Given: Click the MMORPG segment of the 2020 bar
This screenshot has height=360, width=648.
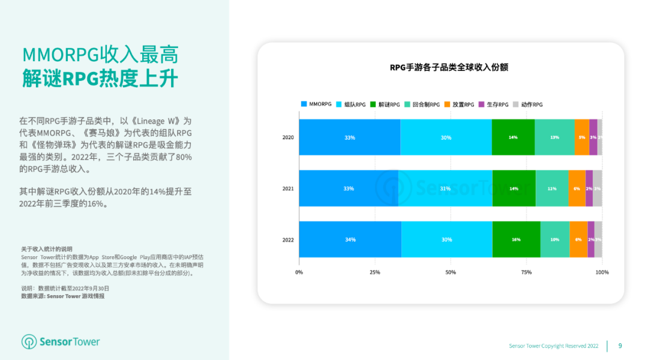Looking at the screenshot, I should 350,137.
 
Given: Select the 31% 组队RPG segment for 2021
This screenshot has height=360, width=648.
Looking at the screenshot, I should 445,188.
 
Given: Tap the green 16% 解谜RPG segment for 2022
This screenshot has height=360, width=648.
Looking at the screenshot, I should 516,239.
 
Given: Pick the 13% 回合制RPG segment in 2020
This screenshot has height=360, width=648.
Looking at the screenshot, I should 554,137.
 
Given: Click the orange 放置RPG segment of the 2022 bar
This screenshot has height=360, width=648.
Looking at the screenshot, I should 578,239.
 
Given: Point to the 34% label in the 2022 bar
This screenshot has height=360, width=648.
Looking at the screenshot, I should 350,239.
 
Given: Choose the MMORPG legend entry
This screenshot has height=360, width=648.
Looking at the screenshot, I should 316,104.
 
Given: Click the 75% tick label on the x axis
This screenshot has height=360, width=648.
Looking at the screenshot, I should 526,272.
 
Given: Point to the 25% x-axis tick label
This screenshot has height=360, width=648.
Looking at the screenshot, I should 374,272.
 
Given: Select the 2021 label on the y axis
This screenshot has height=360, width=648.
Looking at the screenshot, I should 288,188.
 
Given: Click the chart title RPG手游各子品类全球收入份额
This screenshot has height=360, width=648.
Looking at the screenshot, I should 449,67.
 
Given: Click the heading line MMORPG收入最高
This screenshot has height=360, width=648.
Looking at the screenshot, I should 100,55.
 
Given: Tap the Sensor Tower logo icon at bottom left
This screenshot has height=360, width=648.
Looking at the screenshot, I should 29,342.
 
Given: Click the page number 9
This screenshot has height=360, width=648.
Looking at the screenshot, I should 620,346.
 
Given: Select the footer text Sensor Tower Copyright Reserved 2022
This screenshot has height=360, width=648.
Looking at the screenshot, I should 553,346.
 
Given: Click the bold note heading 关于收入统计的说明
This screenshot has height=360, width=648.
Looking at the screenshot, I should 46,249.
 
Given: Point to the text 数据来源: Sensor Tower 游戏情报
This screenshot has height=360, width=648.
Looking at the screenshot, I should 62,296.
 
